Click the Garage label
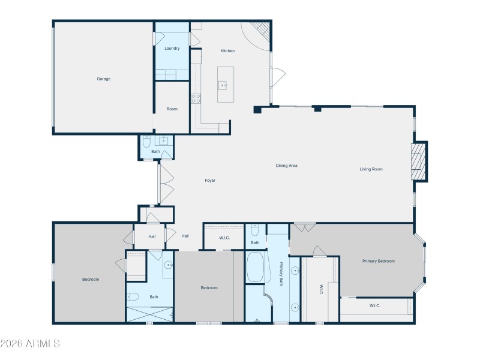(x=104, y=79)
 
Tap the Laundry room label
(x=172, y=48)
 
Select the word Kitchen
(x=227, y=51)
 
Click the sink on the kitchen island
(x=224, y=86)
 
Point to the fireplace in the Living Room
(x=419, y=161)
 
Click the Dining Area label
(x=286, y=166)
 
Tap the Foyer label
(x=210, y=180)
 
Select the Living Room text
(x=371, y=169)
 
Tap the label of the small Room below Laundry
(x=172, y=109)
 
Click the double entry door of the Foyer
(x=166, y=183)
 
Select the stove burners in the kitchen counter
(x=196, y=99)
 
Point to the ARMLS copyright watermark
(x=30, y=344)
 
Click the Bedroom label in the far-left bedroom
(x=91, y=279)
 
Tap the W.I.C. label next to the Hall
(x=224, y=238)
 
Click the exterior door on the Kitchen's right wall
(x=277, y=77)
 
